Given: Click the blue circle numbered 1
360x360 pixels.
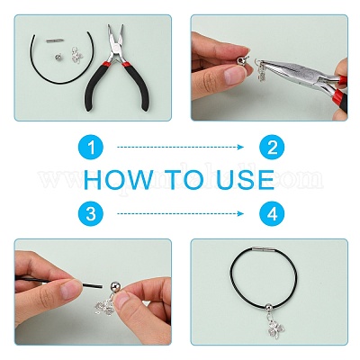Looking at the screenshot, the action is [91, 148].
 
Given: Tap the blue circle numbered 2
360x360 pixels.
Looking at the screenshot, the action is [272, 148].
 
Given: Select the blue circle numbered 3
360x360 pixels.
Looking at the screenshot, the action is [91, 213].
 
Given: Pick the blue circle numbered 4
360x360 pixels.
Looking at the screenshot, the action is [272, 213].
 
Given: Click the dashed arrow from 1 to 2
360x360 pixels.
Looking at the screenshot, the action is [180, 147].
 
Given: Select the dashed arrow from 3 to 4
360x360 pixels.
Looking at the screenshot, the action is [180, 213].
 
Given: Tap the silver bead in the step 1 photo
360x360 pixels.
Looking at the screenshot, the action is [58, 56].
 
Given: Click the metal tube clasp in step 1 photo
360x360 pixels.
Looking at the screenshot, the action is [55, 40].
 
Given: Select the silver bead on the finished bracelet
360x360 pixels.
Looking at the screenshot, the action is [269, 307].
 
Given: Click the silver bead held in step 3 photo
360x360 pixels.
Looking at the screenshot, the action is [114, 286].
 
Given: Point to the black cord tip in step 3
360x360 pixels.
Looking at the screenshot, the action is [98, 285].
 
